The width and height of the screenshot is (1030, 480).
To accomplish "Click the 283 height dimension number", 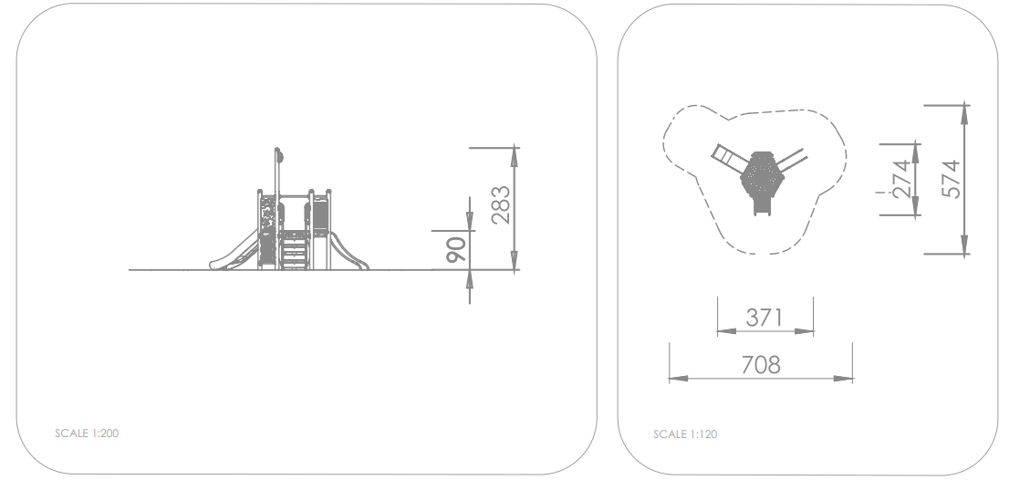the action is [501, 205].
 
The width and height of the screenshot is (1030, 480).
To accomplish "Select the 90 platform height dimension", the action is [456, 250].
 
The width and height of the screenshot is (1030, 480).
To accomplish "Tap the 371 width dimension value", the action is [765, 318].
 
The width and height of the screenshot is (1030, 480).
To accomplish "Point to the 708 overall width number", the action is [761, 364].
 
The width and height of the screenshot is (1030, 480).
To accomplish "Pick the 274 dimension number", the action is [901, 179].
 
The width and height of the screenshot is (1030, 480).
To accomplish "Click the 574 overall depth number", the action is [951, 179].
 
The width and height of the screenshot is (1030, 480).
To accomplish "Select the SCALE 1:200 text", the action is [87, 433].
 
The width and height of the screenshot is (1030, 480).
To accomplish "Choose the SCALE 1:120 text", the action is [685, 434].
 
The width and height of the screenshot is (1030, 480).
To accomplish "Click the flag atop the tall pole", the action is [280, 156].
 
